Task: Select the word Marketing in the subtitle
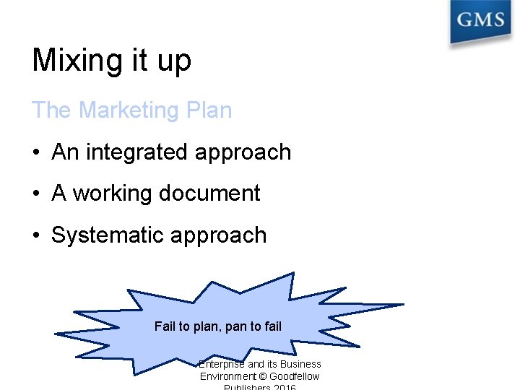120,110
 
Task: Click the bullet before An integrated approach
35,153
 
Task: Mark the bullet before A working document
35,194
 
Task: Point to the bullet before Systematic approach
35,236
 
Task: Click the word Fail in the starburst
165,326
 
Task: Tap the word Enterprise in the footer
222,364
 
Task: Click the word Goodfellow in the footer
295,376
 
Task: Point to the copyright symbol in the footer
263,376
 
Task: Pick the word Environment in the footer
228,376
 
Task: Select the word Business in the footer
301,364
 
